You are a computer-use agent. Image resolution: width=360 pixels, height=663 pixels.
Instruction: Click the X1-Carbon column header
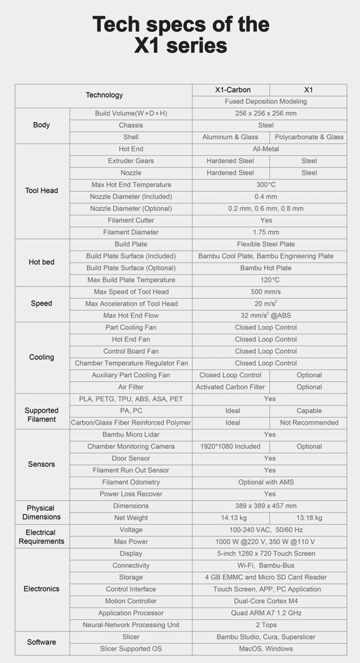(x=233, y=90)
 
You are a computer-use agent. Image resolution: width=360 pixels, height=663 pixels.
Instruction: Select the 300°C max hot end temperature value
(x=266, y=185)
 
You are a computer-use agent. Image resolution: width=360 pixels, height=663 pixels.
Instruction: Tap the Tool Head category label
(x=41, y=190)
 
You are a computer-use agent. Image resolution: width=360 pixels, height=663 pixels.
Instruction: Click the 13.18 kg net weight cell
(x=309, y=518)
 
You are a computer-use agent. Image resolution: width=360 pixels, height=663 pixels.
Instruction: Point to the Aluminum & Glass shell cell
(x=230, y=137)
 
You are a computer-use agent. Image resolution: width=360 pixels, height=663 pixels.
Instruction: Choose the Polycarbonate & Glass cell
(x=309, y=137)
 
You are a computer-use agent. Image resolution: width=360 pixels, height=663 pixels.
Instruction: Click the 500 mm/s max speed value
(x=266, y=292)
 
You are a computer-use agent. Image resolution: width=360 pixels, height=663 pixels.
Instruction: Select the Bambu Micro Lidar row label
(x=131, y=434)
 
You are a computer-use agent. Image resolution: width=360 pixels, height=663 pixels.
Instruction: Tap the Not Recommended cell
(x=309, y=423)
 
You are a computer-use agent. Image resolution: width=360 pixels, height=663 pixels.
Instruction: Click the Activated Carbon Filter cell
(x=230, y=387)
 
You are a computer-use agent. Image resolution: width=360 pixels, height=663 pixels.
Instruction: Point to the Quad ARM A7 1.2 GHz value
(x=266, y=613)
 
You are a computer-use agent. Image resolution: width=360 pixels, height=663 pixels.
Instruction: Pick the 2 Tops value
(x=266, y=625)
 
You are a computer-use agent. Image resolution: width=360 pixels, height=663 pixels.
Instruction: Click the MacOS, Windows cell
(x=266, y=649)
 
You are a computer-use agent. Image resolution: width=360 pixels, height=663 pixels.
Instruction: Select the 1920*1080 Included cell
(x=230, y=447)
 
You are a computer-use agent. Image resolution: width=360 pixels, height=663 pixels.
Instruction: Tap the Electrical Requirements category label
(x=41, y=537)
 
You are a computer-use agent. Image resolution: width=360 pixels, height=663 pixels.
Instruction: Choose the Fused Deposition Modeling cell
(x=266, y=102)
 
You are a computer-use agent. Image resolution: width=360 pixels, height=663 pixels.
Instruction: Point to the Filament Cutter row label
(x=131, y=220)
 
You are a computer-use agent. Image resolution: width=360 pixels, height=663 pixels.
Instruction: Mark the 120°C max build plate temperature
(x=266, y=280)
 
